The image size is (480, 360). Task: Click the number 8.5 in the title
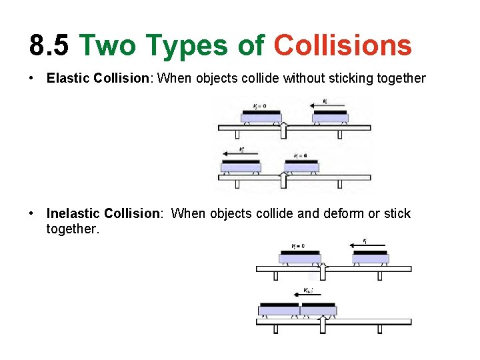(49, 45)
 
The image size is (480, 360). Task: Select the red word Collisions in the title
(343, 45)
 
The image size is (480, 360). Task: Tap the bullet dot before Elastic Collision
(32, 78)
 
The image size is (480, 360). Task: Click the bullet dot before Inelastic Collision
(32, 213)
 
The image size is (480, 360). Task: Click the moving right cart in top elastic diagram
(331, 117)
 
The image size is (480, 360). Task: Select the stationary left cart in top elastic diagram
(261, 117)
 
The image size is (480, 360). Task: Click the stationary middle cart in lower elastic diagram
(301, 166)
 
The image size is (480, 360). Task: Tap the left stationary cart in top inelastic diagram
(299, 257)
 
